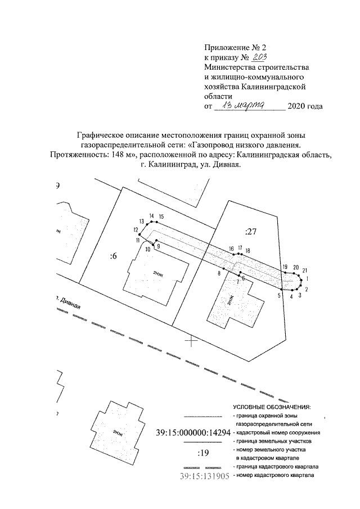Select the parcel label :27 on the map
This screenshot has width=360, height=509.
pos(250,231)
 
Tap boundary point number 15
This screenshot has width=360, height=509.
pos(161,217)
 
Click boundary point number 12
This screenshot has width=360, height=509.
pos(136,229)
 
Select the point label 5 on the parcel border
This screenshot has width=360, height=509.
pos(280,295)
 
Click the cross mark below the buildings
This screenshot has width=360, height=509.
pos(191,340)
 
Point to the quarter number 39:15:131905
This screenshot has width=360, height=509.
pos(204,476)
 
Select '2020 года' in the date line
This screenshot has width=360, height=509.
pos(305,106)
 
